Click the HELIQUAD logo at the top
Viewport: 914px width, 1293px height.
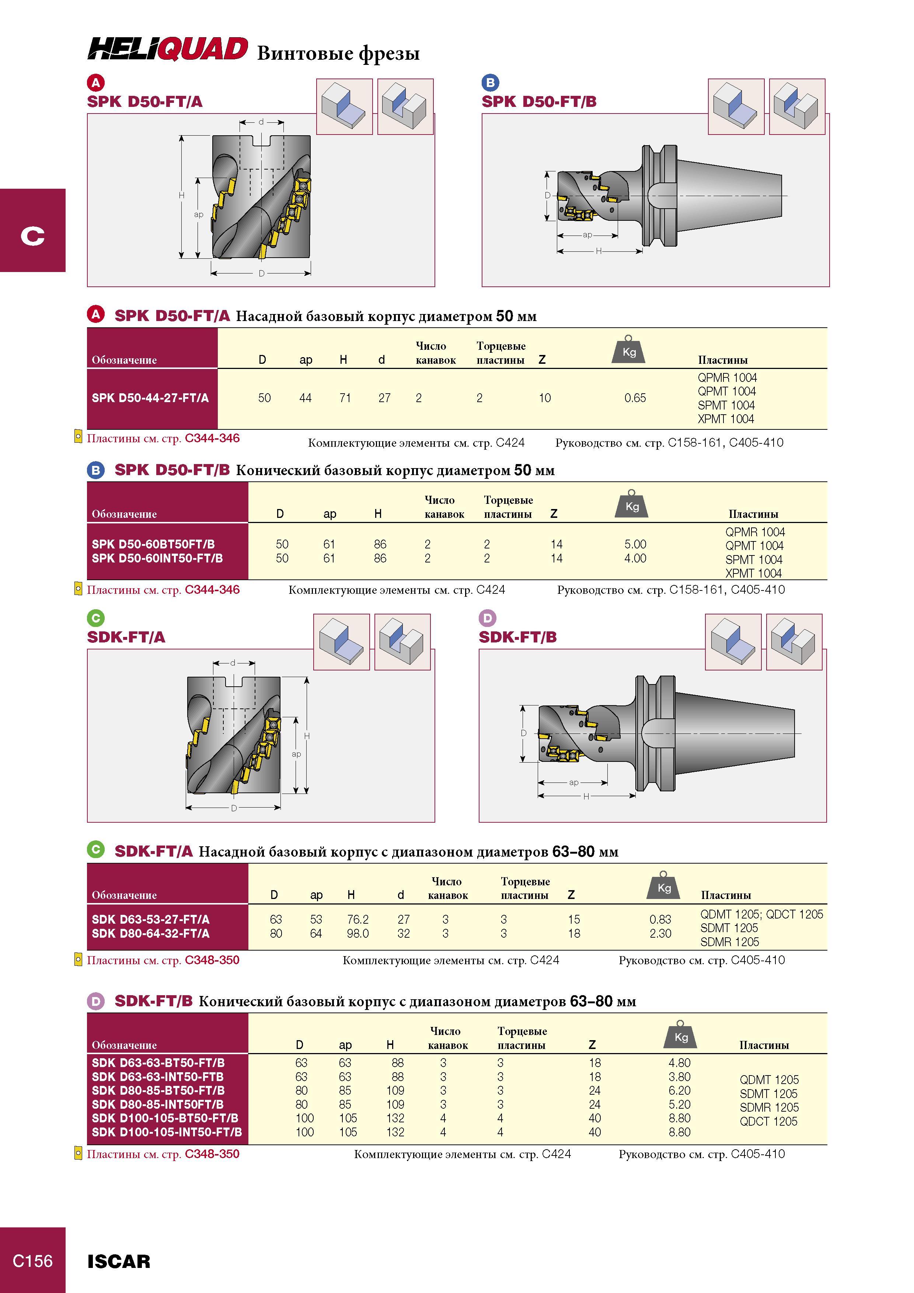(167, 49)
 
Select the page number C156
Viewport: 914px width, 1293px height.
(33, 1261)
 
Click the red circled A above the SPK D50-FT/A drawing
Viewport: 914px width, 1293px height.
(96, 83)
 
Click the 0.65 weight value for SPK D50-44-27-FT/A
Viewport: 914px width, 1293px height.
(635, 398)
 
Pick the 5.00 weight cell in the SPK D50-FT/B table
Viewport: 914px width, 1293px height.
(635, 544)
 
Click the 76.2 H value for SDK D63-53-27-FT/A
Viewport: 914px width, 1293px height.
(357, 919)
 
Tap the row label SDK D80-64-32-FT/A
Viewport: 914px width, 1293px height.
(150, 933)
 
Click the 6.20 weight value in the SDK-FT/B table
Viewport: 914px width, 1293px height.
(680, 1090)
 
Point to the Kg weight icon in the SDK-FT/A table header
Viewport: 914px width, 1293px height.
(664, 885)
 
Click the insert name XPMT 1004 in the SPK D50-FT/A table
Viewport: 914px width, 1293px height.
(726, 419)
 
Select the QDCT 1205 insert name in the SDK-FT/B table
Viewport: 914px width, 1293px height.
(769, 1121)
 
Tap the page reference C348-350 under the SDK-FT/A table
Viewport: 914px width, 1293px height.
(212, 960)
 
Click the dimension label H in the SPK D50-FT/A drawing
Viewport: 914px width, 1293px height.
(181, 195)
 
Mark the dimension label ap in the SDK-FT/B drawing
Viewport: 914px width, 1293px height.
(573, 782)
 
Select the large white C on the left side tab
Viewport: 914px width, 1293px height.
(33, 236)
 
